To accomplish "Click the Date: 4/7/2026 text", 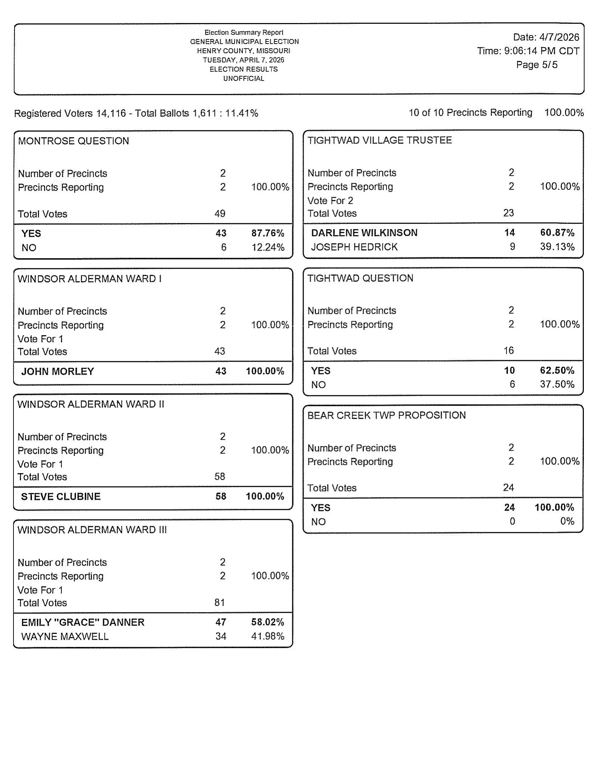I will point(546,37).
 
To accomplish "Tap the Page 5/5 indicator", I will point(537,65).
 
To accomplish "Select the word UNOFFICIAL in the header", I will point(244,79).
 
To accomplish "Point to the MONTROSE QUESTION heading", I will point(73,141).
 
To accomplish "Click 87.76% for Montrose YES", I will point(267,233).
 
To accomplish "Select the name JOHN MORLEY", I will point(57,372).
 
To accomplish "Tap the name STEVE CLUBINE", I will point(61,496).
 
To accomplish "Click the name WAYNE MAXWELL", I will point(65,636).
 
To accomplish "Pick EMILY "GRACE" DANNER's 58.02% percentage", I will point(267,622).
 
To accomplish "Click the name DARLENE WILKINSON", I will point(364,233).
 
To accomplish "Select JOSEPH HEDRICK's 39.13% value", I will point(557,247).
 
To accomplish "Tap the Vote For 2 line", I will point(330,201).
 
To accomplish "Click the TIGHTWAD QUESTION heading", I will point(360,278).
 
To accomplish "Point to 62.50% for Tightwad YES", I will point(557,370).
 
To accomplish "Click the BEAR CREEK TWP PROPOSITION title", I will point(387,416).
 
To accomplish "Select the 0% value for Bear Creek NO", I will point(567,522).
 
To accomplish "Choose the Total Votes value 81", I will point(219,603).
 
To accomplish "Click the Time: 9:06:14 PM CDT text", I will point(528,51).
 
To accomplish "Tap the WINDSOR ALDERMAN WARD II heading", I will point(91,404).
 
